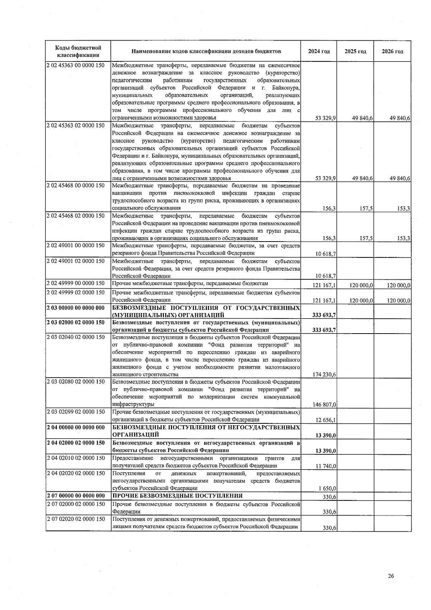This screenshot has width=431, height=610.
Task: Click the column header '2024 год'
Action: pyautogui.click(x=319, y=51)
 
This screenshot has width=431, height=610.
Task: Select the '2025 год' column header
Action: pyautogui.click(x=355, y=51)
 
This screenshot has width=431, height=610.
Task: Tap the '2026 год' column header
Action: pyautogui.click(x=392, y=51)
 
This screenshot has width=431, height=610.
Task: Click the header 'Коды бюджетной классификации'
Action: pyautogui.click(x=78, y=51)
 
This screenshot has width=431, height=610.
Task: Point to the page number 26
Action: pyautogui.click(x=391, y=576)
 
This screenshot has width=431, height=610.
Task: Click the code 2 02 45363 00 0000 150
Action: pyautogui.click(x=76, y=66)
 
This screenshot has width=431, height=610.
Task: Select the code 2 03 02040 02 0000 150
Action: pyautogui.click(x=76, y=337)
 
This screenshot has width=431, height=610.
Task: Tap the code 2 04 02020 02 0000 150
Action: pyautogui.click(x=76, y=473)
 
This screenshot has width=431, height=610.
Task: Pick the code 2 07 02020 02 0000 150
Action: pyautogui.click(x=76, y=519)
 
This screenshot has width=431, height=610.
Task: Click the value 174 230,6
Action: pyautogui.click(x=324, y=375)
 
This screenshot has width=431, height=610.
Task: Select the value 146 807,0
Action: pyautogui.click(x=324, y=405)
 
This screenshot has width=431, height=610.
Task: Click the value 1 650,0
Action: pyautogui.click(x=327, y=489)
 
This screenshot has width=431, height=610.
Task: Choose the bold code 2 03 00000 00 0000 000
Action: pyautogui.click(x=76, y=308)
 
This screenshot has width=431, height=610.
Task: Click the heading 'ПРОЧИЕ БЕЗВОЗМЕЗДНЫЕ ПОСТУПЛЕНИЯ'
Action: pyautogui.click(x=177, y=496)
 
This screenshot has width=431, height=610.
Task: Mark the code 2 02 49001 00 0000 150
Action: pyautogui.click(x=76, y=246)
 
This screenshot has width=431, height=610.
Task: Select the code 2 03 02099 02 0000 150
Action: pyautogui.click(x=76, y=412)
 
